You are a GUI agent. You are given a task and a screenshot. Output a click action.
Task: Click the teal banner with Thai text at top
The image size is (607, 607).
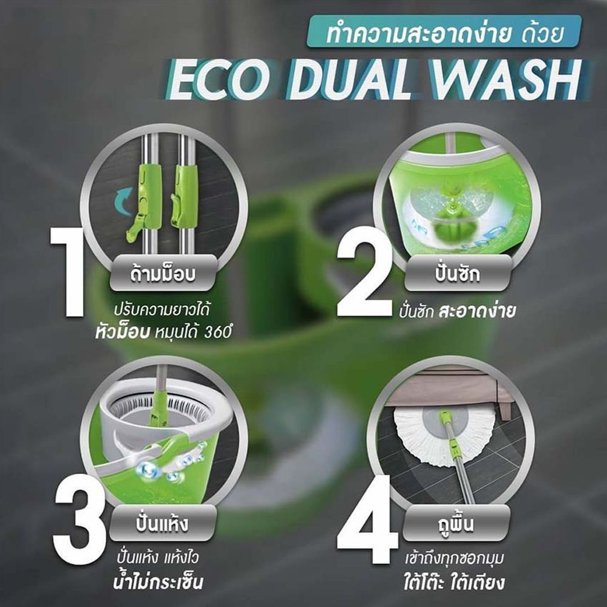(444, 32)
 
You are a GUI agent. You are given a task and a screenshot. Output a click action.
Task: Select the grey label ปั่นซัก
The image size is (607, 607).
(457, 273)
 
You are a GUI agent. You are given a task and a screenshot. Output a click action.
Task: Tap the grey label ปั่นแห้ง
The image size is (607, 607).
(162, 523)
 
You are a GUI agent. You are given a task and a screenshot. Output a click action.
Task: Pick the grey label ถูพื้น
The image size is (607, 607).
(455, 523)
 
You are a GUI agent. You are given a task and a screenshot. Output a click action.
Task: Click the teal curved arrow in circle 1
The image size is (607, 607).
(124, 200)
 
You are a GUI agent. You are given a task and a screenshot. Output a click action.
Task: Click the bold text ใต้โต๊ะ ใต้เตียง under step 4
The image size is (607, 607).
(453, 582)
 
